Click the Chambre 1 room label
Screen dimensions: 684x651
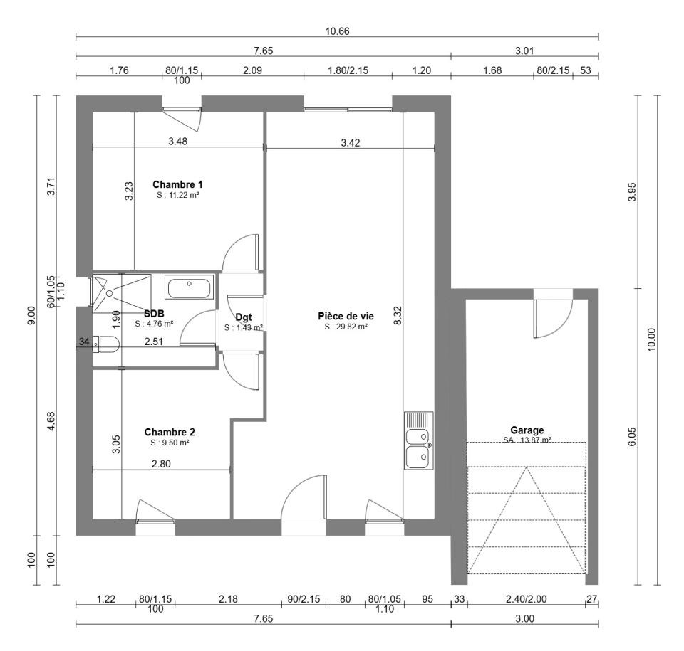pos(177,184)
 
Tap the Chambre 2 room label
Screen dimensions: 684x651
pos(170,432)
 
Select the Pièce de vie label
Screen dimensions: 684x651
pos(346,316)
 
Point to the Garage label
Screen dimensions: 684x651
pos(527,430)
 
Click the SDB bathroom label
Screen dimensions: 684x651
pos(154,314)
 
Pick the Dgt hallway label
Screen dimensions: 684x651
pos(244,317)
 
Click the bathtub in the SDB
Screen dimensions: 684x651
pos(190,287)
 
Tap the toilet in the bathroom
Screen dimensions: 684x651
pos(106,344)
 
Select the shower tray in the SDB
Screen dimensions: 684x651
pos(122,293)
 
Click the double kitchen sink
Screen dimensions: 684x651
pos(419,440)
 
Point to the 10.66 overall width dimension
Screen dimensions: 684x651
pos(337,31)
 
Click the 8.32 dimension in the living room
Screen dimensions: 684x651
pos(398,315)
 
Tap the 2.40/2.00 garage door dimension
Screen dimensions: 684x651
pos(526,599)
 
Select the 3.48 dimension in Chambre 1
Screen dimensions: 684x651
pos(178,141)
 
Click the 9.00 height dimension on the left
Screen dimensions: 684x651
pos(31,315)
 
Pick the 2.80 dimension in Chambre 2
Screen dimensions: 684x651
pos(161,464)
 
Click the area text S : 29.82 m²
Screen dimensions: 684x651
pos(346,327)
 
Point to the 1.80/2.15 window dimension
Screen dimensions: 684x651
pos(348,70)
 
